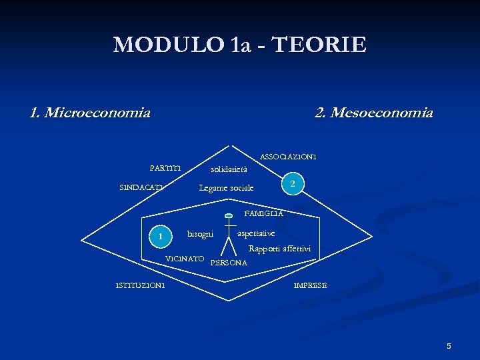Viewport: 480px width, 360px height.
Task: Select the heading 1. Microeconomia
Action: click(90, 113)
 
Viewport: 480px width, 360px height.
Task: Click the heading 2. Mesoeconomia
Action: click(373, 113)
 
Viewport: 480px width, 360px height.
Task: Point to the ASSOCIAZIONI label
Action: click(288, 157)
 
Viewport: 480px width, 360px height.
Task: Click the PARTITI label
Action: click(166, 167)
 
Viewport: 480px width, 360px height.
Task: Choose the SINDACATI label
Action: click(141, 187)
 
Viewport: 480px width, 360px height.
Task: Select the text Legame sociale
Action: click(227, 188)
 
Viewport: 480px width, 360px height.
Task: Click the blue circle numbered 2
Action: click(293, 183)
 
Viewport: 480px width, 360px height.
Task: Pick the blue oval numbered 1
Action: click(160, 235)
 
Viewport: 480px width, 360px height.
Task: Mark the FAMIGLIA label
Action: click(264, 213)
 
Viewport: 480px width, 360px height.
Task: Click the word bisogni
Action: click(200, 234)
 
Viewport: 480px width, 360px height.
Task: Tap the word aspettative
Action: click(257, 233)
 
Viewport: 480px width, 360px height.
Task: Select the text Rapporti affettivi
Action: click(279, 249)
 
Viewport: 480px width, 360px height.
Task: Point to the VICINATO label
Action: click(185, 258)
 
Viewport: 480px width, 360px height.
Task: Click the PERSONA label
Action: click(229, 263)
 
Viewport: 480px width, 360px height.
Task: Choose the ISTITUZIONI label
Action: click(141, 286)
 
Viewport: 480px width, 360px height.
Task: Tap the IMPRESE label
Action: click(311, 286)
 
